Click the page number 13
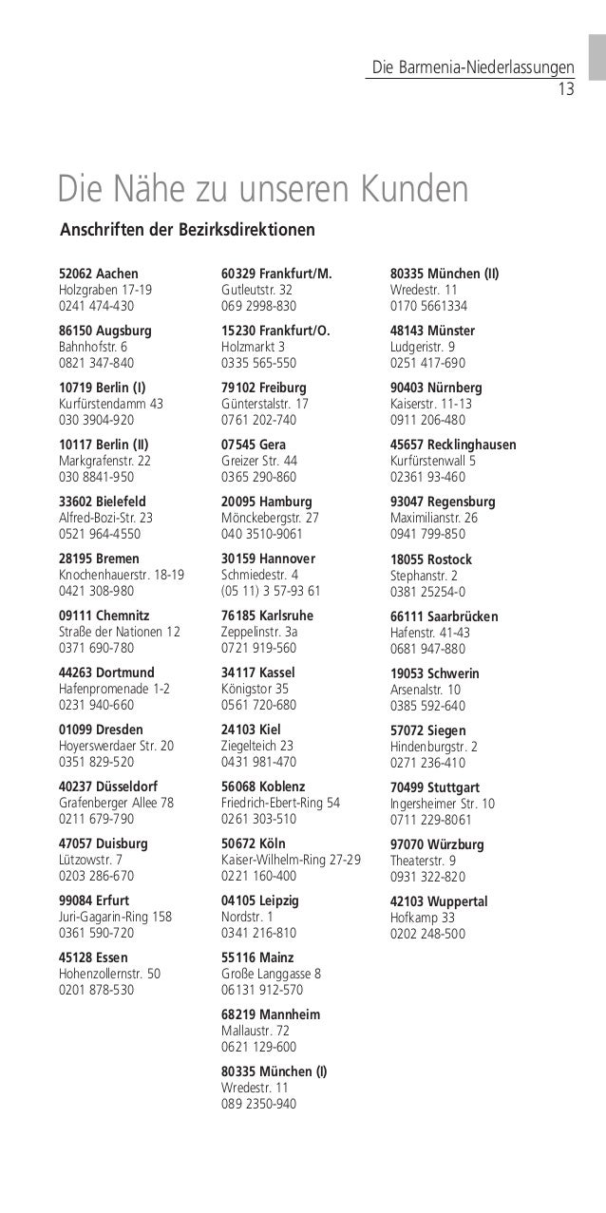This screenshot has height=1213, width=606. pyautogui.click(x=566, y=90)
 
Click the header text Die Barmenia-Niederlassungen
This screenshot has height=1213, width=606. pyautogui.click(x=472, y=68)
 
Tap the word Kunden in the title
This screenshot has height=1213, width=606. pyautogui.click(x=412, y=189)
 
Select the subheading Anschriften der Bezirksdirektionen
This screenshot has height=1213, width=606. pyautogui.click(x=187, y=231)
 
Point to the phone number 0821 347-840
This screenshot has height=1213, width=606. pyautogui.click(x=97, y=363)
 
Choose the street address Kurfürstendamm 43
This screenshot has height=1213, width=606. pyautogui.click(x=111, y=403)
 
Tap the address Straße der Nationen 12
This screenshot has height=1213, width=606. pyautogui.click(x=120, y=631)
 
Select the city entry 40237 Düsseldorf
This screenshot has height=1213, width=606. pyautogui.click(x=108, y=787)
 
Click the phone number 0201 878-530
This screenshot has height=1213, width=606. pyautogui.click(x=97, y=990)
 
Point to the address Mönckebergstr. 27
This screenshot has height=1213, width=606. pyautogui.click(x=270, y=518)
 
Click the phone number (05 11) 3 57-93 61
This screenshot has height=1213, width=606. pyautogui.click(x=271, y=591)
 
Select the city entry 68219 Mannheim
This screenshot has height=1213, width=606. pyautogui.click(x=270, y=1014)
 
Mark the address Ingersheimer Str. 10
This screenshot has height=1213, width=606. pyautogui.click(x=442, y=803)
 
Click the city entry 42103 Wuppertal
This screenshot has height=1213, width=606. pyautogui.click(x=438, y=900)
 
